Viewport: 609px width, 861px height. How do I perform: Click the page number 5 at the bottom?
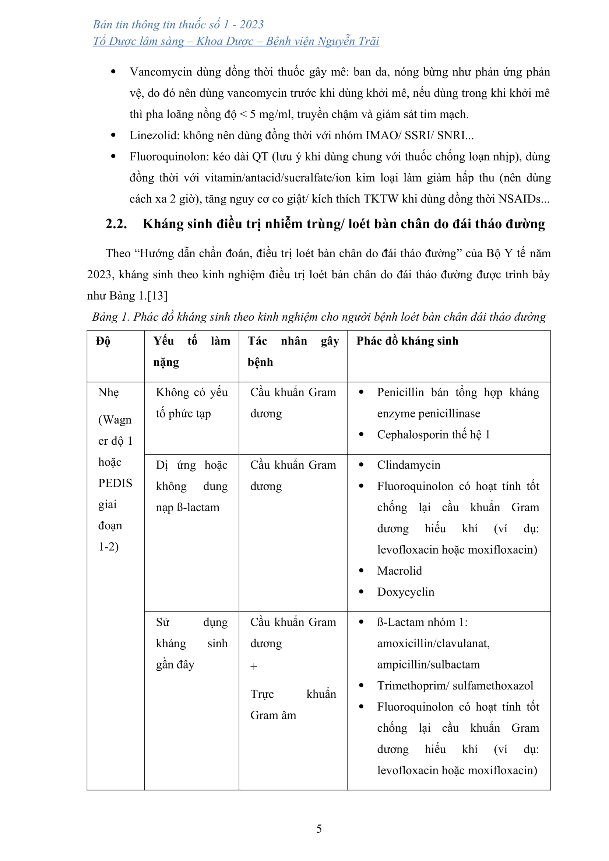pyautogui.click(x=319, y=828)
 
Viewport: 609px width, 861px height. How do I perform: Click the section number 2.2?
pyautogui.click(x=116, y=224)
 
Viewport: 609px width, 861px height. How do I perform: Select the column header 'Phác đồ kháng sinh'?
pyautogui.click(x=407, y=341)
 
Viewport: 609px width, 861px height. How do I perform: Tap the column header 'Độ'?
pyautogui.click(x=103, y=341)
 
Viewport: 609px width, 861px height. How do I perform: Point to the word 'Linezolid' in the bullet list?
pyautogui.click(x=154, y=135)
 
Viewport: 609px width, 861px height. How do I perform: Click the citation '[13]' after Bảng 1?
pyautogui.click(x=158, y=296)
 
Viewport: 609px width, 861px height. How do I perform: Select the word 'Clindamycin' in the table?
pyautogui.click(x=408, y=465)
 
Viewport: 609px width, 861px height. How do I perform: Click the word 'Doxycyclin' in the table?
pyautogui.click(x=405, y=592)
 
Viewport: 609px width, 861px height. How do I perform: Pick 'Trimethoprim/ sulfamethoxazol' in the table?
pyautogui.click(x=455, y=685)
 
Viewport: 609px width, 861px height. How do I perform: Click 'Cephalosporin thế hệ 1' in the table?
pyautogui.click(x=433, y=435)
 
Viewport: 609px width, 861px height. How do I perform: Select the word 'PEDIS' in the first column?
pyautogui.click(x=115, y=483)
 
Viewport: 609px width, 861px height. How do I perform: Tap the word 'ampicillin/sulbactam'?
pyautogui.click(x=428, y=664)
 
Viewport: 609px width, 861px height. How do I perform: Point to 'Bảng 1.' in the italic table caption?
pyautogui.click(x=110, y=317)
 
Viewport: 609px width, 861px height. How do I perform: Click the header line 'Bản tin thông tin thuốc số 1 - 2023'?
pyautogui.click(x=178, y=25)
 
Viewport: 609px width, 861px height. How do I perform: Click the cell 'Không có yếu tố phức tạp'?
pyautogui.click(x=191, y=403)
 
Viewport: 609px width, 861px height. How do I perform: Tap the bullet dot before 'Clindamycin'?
pyautogui.click(x=362, y=465)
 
